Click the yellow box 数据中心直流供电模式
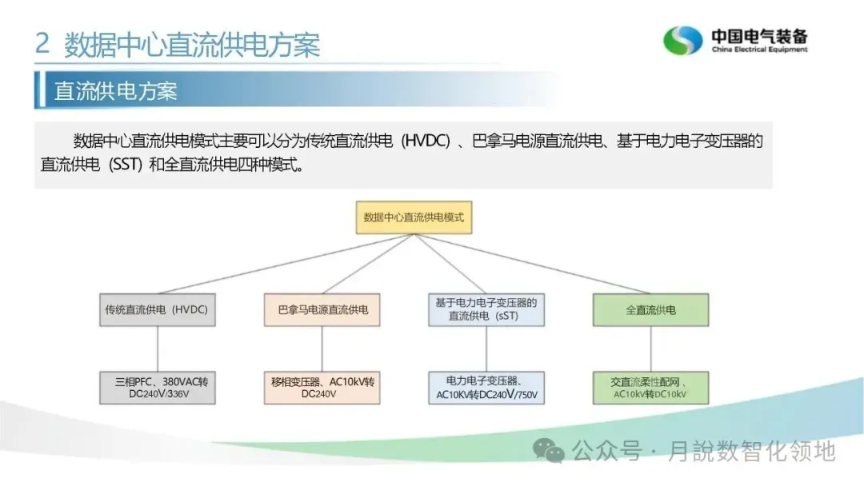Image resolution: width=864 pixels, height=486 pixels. coord(414,217)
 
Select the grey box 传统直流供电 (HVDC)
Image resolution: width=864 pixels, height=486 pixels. coord(157,309)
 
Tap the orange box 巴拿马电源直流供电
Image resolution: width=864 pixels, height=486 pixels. coord(322,309)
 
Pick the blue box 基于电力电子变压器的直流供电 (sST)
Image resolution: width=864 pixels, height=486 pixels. coord(486,309)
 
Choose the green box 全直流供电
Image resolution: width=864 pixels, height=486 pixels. coord(650,309)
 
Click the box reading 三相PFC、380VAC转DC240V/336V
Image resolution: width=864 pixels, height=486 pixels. coord(157,388)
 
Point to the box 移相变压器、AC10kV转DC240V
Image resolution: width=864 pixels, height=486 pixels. coord(322,388)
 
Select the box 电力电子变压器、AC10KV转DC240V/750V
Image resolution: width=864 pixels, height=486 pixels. coord(486,388)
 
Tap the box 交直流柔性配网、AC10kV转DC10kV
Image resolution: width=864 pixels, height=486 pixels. coord(650,388)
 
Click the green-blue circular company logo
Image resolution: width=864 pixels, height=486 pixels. coord(682,40)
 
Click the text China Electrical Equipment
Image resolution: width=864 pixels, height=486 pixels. coord(759,50)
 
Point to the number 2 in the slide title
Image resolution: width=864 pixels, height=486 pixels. coord(42,43)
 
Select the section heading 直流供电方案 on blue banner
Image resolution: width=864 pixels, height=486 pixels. coord(115,90)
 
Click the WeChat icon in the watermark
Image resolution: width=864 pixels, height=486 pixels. coord(550,451)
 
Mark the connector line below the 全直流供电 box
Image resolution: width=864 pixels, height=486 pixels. coord(650,349)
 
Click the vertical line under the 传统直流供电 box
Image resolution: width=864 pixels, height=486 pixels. coord(157,349)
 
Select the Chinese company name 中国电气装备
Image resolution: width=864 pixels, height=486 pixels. coord(759,36)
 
